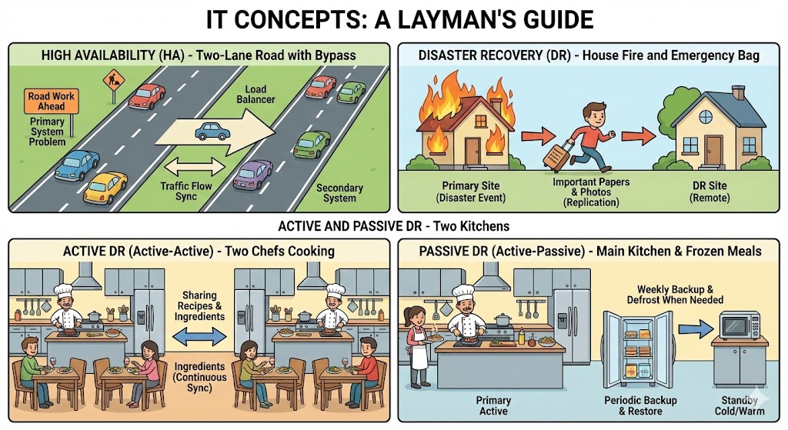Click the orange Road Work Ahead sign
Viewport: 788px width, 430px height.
point(52,102)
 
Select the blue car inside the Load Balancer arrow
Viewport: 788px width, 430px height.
point(212,130)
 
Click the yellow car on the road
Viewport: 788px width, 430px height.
point(105,186)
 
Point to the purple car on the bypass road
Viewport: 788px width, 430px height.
point(252,175)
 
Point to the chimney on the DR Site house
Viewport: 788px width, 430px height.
point(739,93)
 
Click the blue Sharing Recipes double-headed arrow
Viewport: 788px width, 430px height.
point(199,336)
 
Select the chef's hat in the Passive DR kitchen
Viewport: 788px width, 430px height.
point(463,292)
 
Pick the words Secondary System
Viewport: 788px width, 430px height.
point(339,192)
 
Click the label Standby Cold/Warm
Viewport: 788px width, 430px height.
point(739,406)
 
